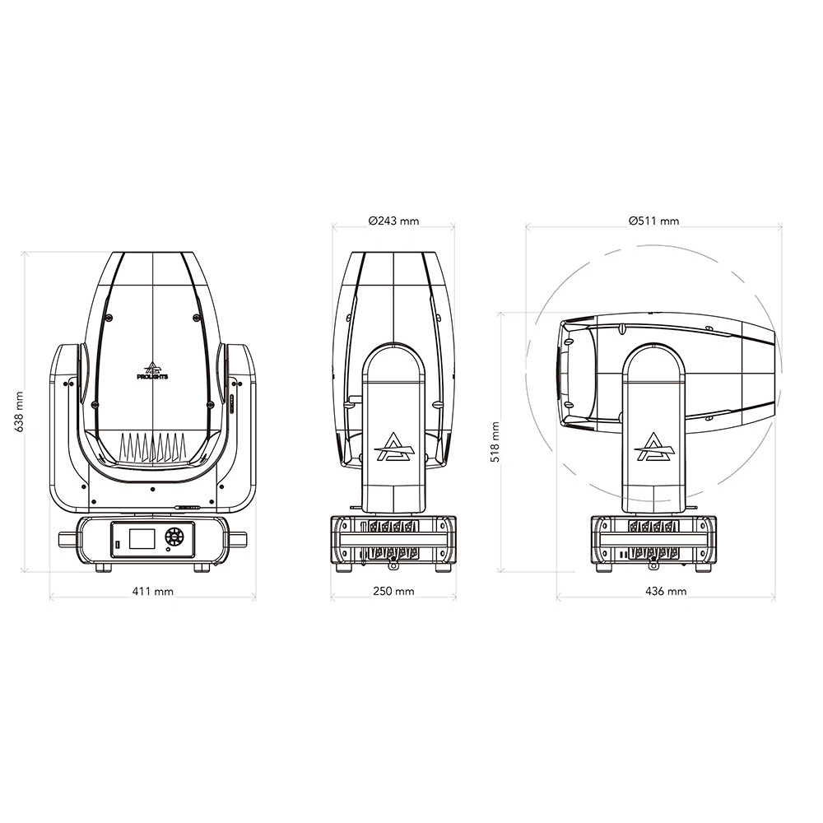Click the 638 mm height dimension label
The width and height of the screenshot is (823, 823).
(x=20, y=411)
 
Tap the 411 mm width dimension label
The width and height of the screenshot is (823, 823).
(x=153, y=592)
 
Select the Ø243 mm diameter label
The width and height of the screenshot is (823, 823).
(x=393, y=221)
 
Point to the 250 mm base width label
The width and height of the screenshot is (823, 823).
(x=393, y=591)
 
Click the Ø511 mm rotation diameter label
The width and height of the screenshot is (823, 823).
(x=654, y=221)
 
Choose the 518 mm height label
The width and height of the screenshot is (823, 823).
(x=495, y=442)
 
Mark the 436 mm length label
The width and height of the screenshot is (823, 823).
(x=666, y=591)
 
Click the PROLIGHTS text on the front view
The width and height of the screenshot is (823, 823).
(x=152, y=377)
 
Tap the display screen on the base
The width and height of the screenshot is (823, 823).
(x=142, y=538)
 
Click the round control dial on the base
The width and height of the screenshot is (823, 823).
(x=172, y=537)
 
